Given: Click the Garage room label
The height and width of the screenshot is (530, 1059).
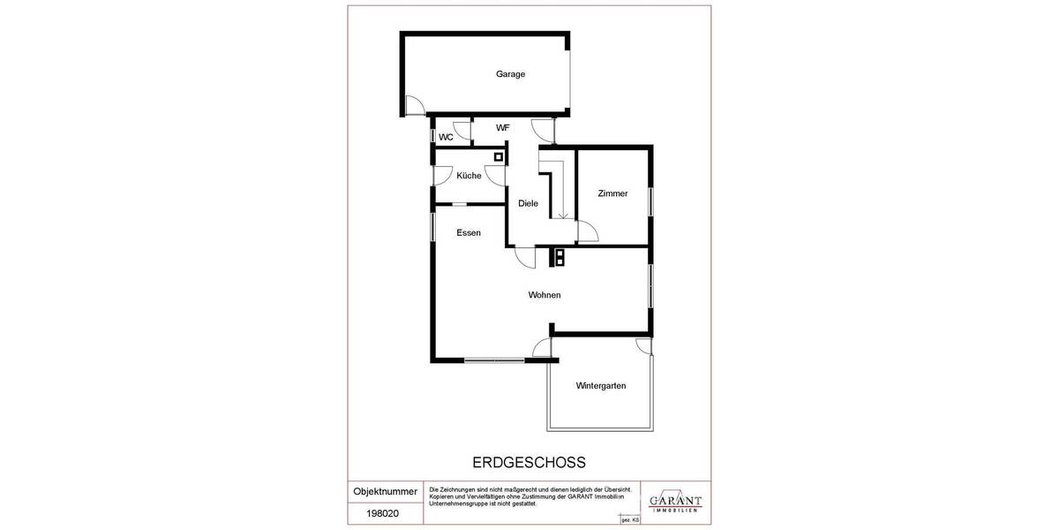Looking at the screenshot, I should [510, 74].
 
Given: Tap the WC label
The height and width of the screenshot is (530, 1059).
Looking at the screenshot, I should [446, 137].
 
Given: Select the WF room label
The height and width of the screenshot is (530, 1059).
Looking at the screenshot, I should [502, 128].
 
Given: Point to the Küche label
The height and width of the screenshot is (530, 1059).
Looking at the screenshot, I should [469, 176].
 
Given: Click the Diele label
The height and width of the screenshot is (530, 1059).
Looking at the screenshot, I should [528, 203].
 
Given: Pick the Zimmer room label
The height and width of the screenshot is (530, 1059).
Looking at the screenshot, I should [612, 193].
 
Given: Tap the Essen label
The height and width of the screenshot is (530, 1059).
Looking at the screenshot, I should [469, 233].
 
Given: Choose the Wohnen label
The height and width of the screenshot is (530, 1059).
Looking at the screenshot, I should [545, 295].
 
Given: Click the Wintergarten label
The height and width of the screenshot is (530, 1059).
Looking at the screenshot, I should [601, 385].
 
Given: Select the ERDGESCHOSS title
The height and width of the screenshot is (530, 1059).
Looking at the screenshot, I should [529, 462].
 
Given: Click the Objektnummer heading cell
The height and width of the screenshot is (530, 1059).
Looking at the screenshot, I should [385, 491].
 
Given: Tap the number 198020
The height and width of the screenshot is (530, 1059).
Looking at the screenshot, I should [385, 512].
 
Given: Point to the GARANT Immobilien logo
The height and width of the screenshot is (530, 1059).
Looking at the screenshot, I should [675, 501].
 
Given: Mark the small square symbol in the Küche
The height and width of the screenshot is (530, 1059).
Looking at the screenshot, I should [499, 157].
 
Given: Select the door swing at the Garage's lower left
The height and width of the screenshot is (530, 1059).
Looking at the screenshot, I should [413, 105].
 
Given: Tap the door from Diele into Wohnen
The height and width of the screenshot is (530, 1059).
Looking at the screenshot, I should [525, 257].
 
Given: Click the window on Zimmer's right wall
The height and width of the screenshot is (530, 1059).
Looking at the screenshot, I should [651, 201].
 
